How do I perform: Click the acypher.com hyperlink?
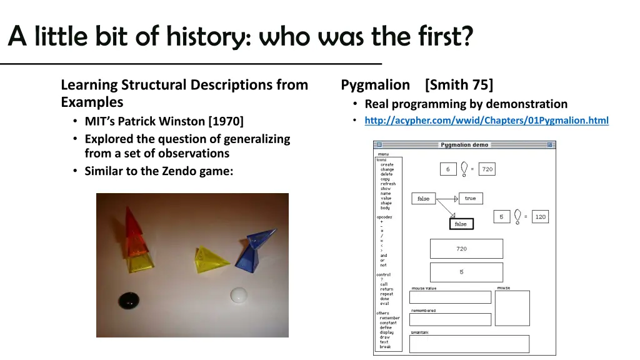pyautogui.click(x=486, y=121)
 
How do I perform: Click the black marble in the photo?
pyautogui.click(x=131, y=299)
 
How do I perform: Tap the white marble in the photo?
pyautogui.click(x=239, y=294)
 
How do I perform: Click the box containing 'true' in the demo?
pyautogui.click(x=470, y=199)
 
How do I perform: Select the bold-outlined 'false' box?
pyautogui.click(x=461, y=224)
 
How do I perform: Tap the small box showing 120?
pyautogui.click(x=540, y=217)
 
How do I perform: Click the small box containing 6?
pyautogui.click(x=447, y=169)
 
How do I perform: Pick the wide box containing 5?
pyautogui.click(x=466, y=272)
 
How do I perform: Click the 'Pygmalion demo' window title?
pyautogui.click(x=464, y=145)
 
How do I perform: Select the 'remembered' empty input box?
pyautogui.click(x=450, y=319)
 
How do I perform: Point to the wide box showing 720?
pyautogui.click(x=466, y=249)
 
